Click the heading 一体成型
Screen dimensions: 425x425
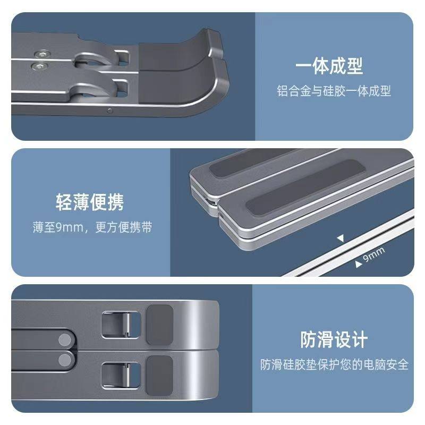click(x=329, y=66)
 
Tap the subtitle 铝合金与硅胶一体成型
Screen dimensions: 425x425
click(x=334, y=91)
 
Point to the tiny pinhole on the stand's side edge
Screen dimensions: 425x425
click(x=109, y=111)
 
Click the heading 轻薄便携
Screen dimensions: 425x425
click(x=90, y=202)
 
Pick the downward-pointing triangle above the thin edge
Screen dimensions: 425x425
click(x=341, y=238)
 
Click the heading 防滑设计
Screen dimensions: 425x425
click(x=334, y=339)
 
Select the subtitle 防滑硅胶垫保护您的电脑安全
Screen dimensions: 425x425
click(x=334, y=365)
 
